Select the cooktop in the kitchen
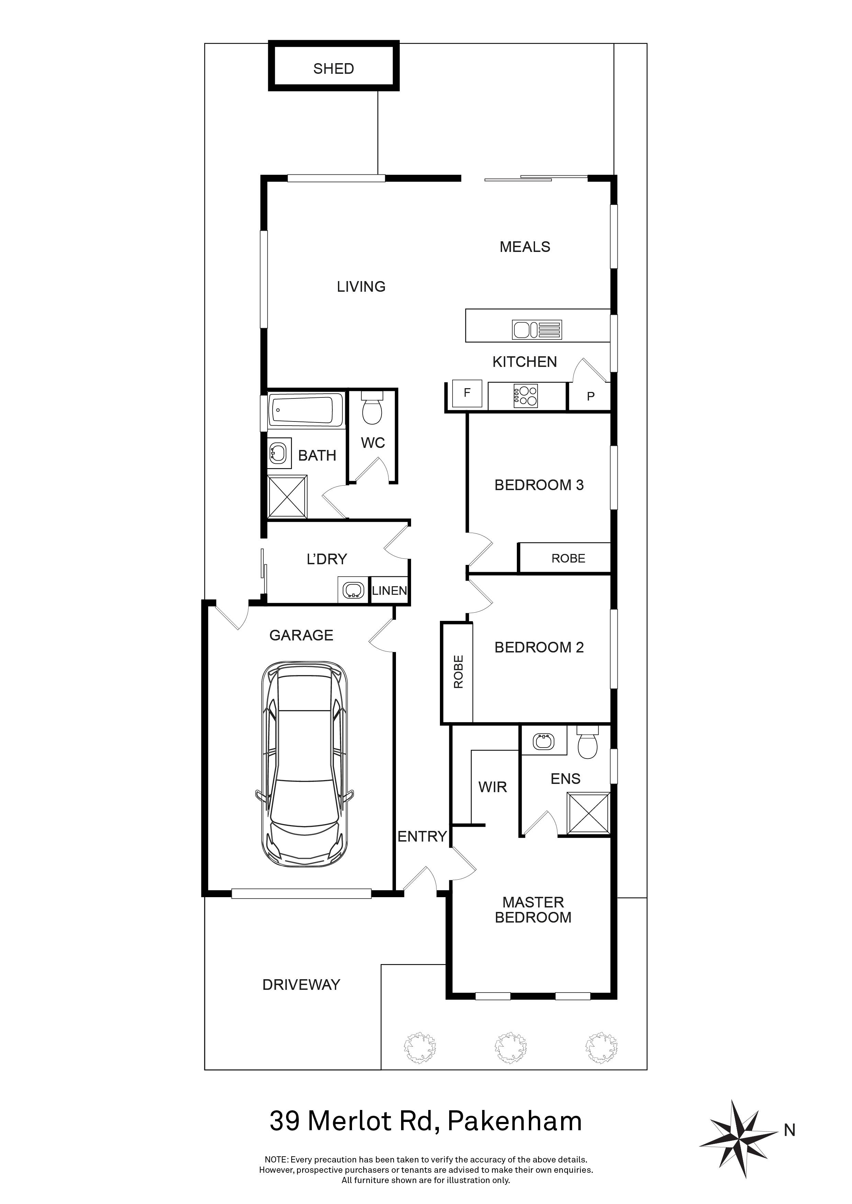pos(526,396)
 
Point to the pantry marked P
pos(590,396)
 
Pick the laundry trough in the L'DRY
pos(353,590)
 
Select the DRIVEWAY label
pos(301,984)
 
